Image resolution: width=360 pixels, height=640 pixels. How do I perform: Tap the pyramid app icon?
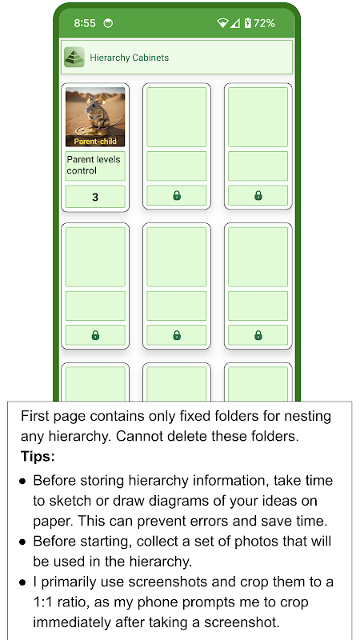tap(74, 57)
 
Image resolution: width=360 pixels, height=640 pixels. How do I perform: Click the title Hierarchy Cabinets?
tap(130, 58)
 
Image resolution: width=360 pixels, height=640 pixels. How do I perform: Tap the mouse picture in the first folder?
tap(95, 117)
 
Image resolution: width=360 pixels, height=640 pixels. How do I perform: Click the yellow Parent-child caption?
tap(95, 142)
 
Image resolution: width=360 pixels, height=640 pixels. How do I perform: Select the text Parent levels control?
tap(94, 165)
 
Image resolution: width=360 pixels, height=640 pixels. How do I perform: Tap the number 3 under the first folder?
tap(95, 198)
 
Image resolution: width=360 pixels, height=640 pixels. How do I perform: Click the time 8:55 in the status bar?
tap(85, 23)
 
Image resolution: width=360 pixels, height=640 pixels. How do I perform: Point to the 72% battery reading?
tap(264, 23)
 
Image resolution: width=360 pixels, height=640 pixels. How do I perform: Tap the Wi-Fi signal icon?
tap(223, 23)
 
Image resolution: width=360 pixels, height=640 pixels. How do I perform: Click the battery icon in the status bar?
tap(248, 23)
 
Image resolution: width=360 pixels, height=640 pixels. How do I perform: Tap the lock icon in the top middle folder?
tap(177, 196)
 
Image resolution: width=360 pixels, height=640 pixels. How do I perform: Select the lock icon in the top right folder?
tap(258, 196)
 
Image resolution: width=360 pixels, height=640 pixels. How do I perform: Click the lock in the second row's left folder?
tap(95, 335)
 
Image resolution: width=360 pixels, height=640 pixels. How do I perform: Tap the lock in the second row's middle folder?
tap(177, 335)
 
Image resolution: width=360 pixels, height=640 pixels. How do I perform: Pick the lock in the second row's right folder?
tap(258, 335)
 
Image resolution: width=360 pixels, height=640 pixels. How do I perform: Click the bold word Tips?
tap(38, 457)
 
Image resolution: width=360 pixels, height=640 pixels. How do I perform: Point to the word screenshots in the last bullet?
tap(162, 582)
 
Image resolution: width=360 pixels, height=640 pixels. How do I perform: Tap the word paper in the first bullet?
tap(53, 522)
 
